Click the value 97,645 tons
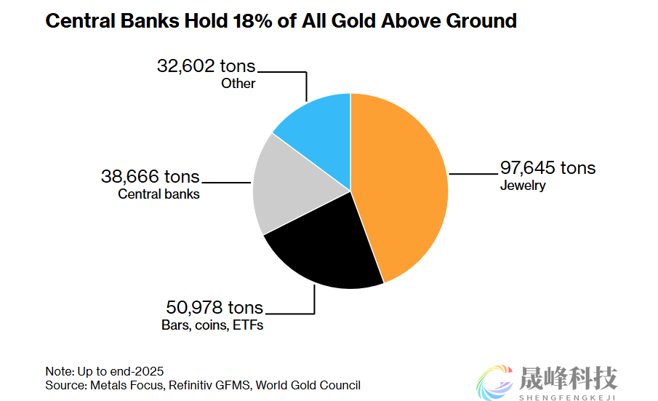(547, 168)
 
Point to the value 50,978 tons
(215, 307)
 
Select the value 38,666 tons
(150, 177)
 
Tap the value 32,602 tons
(206, 66)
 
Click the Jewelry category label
(522, 186)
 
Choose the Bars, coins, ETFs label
(212, 325)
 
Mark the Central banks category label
(159, 194)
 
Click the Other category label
(238, 84)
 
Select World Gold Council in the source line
(308, 385)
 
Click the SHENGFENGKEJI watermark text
(568, 397)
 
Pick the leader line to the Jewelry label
(473, 174)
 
